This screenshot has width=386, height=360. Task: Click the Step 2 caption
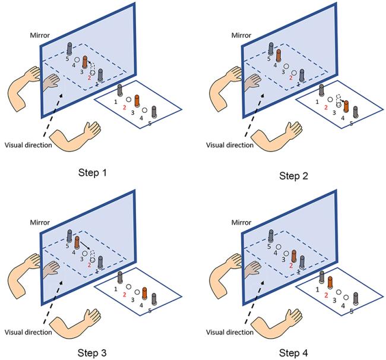[x=295, y=176]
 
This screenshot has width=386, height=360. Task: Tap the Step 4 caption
[x=295, y=352]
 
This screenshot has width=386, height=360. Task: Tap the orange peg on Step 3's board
[x=144, y=293]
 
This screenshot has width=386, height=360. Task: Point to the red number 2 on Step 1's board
[x=125, y=108]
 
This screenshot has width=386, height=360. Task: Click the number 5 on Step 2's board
[x=350, y=124]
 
